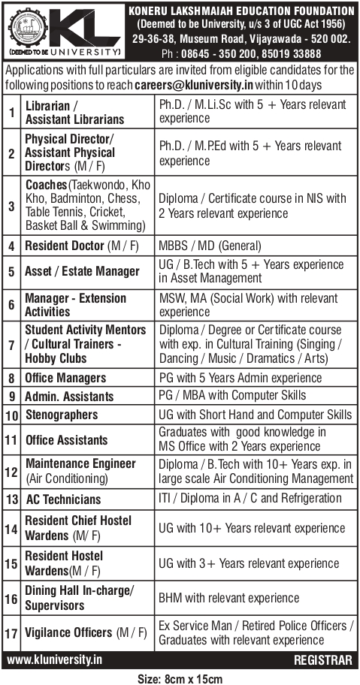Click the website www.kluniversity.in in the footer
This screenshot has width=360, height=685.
coord(55,661)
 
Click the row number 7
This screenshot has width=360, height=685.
coord(11,344)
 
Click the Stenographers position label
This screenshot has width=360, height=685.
coord(62,415)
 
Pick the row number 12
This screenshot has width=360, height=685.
coord(11,472)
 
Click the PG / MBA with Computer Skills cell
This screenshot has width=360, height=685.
coord(232,396)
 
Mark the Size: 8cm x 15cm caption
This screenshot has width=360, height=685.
coord(180,678)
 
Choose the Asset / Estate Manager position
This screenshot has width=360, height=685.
coord(82,271)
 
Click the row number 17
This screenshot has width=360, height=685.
coord(11,632)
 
